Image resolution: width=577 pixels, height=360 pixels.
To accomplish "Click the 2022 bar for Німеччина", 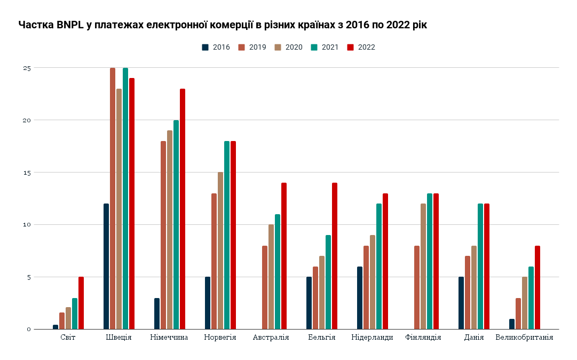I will pos(183,209).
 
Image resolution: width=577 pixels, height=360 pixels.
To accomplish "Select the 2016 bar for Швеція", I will pos(106,266).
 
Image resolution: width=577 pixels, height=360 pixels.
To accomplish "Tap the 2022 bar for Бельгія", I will pos(335,256).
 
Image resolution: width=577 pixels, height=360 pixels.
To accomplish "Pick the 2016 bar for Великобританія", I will pos(512,324).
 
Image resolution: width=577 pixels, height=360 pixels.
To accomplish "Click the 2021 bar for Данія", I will pos(480,266).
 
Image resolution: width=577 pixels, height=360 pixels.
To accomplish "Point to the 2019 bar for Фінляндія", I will pos(417,287).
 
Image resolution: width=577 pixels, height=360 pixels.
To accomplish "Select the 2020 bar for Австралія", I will pos(271,277).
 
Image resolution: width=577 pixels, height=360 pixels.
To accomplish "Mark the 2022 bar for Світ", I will pos(81,303).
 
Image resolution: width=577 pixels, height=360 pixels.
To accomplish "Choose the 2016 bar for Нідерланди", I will pos(360,298).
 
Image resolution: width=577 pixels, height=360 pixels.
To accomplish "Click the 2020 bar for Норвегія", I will pos(220,251).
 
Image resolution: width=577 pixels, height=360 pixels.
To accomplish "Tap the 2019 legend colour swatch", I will pos(241,47).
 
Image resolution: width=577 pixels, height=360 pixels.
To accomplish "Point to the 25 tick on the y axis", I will pos(27,68).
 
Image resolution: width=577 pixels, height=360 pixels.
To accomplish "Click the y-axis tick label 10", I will pos(27,225).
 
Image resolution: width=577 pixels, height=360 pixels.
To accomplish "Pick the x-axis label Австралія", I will pos(271,338).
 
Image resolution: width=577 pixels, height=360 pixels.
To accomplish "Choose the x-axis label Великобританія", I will pos(524,338).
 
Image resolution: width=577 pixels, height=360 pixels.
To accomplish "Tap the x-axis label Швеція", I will pos(119,338).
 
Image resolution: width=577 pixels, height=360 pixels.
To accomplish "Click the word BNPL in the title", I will pos(70,25).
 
